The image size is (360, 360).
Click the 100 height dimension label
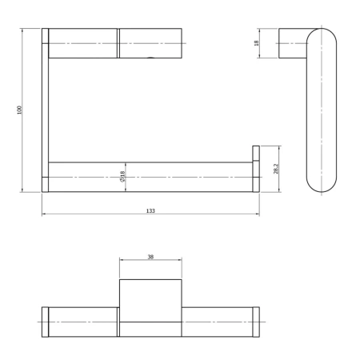pos(20,110)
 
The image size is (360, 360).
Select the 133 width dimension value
pos(150,210)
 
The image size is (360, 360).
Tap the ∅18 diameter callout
pos(122,176)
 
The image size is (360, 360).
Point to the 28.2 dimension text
pos(276,169)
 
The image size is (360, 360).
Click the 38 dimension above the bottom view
pos(150,257)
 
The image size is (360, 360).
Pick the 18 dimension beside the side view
pos(257,43)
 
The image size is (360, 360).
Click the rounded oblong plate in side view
pos(321,110)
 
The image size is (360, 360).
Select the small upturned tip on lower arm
pos(256,153)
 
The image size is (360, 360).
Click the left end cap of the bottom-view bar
pos(45,322)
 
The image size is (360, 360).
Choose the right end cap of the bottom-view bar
pos(256,322)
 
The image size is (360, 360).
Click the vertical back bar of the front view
pos(45,110)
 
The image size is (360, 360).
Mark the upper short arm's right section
pos(150,43)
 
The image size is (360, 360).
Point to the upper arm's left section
pos(83,43)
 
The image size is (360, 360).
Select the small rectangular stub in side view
pos(291,43)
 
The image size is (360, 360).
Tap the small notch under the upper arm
pos(151,58)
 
